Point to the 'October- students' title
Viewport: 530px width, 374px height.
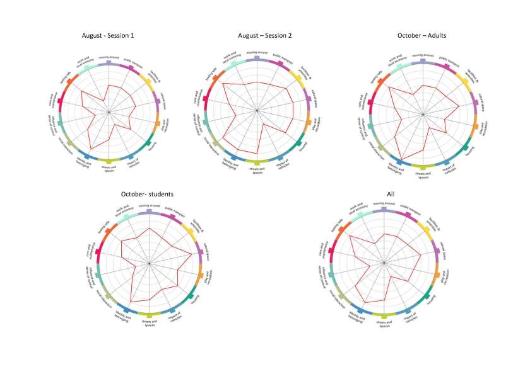[x=147, y=194]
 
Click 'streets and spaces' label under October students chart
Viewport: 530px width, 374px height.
[x=149, y=322]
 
